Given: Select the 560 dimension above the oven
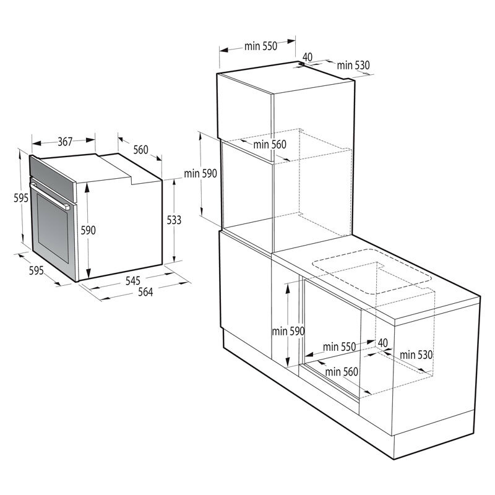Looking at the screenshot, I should [x=140, y=150].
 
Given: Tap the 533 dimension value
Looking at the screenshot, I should [x=174, y=219].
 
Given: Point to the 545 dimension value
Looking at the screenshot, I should [x=133, y=280].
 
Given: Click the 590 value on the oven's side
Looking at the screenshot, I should [x=88, y=230].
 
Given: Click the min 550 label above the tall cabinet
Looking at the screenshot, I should [x=260, y=46].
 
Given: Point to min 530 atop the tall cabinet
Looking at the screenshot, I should [x=353, y=65].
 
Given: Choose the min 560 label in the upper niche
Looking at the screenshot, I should [x=270, y=145].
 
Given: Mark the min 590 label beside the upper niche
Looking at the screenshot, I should [x=200, y=174].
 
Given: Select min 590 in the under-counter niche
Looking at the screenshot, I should [x=288, y=331].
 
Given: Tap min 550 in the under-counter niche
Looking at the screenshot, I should [x=339, y=346].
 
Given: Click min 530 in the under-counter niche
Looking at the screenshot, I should [x=415, y=355].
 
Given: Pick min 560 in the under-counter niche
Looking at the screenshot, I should [x=342, y=371].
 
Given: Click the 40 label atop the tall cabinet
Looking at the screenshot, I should [x=308, y=57].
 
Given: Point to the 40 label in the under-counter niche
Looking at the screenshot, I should [x=382, y=343].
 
